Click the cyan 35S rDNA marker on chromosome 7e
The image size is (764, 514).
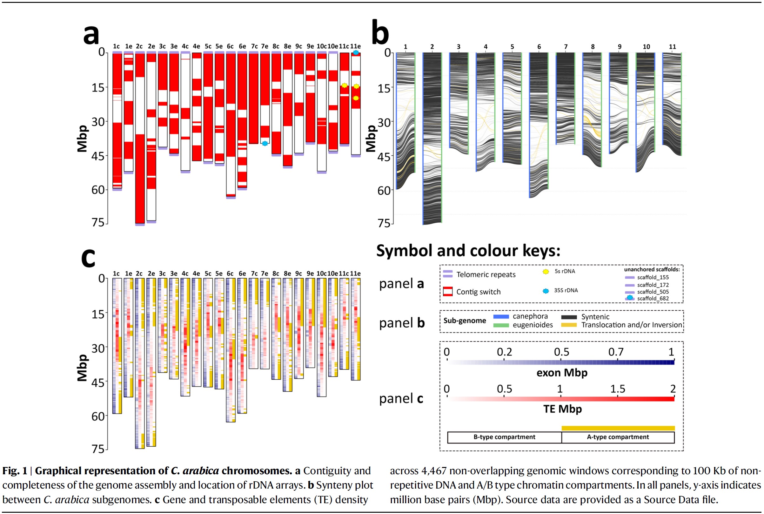(265, 143)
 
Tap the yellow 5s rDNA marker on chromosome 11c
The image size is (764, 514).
(344, 85)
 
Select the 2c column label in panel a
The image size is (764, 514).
(139, 47)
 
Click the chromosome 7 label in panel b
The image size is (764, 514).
(566, 47)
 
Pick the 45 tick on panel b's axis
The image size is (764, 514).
(384, 157)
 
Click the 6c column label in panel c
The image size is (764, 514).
(230, 274)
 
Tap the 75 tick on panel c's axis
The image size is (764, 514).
(98, 449)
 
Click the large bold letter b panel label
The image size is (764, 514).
(380, 33)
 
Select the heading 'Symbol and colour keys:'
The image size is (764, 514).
(468, 251)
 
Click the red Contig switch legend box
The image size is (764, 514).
(447, 291)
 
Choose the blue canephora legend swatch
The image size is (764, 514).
(501, 317)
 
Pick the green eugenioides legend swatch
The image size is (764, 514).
(501, 325)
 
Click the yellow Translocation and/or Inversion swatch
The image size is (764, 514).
(569, 325)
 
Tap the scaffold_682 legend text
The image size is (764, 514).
(653, 298)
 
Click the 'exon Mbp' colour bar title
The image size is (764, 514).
(562, 373)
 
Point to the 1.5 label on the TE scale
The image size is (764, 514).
(618, 389)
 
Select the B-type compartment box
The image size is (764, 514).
(504, 437)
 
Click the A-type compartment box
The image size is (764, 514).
(618, 437)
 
